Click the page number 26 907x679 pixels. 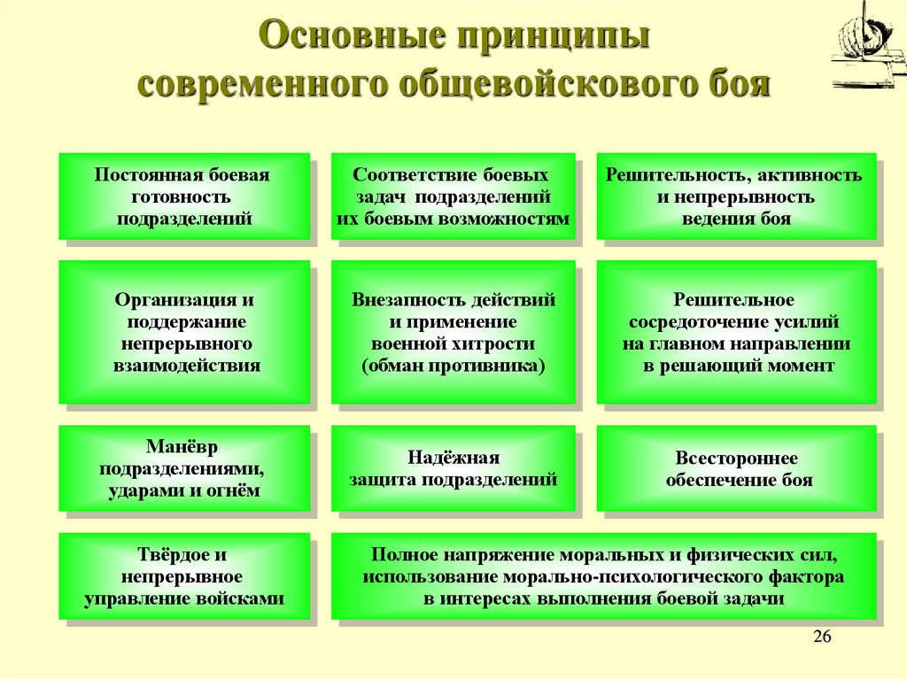coord(822,638)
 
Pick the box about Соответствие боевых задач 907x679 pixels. coord(453,197)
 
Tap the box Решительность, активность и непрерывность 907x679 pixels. coord(735,197)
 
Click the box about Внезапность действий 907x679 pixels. coord(453,332)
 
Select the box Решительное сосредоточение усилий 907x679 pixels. coord(735,332)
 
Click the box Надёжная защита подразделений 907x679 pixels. coord(453,468)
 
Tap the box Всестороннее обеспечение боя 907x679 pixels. coord(735,468)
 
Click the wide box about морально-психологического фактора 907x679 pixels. coord(602,576)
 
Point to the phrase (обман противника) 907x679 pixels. coord(453,366)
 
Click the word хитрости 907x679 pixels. coord(497,343)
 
